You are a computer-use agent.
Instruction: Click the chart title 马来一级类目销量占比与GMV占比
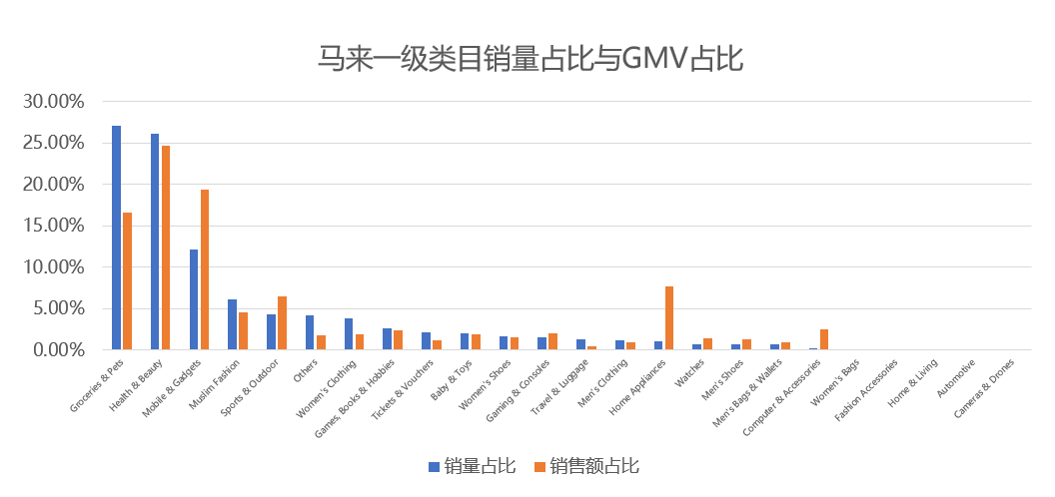point(529,58)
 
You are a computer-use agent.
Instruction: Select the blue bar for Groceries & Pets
point(117,238)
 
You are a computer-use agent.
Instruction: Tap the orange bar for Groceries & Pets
point(128,281)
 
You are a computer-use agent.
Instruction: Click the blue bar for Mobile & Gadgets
point(194,299)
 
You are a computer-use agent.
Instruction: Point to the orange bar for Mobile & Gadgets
point(205,269)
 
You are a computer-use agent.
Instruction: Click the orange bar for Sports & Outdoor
point(283,323)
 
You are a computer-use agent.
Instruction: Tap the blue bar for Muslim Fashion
point(233,324)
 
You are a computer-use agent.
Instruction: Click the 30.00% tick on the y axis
point(55,102)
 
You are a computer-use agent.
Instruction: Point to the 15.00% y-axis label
point(55,226)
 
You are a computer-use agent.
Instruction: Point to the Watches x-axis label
point(692,373)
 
